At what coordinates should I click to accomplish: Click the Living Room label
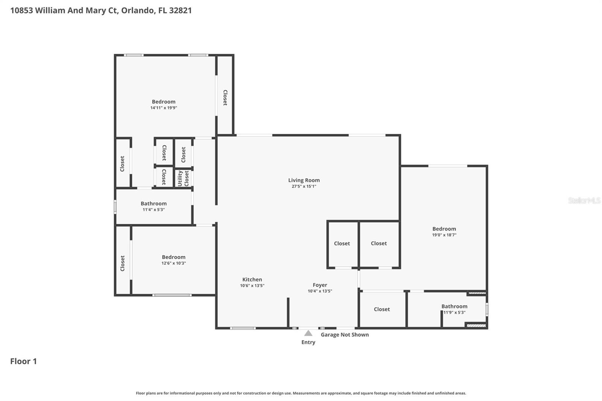coord(304,180)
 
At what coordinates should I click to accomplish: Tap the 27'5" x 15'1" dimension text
coord(304,186)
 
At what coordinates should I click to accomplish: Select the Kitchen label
coord(252,279)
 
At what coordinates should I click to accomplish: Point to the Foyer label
coord(320,285)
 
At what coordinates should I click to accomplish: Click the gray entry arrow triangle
coord(308,333)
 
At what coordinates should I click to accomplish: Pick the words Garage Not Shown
coord(345,335)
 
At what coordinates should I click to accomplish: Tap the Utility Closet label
coord(183,178)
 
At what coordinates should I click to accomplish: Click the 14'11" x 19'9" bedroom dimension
coord(164,108)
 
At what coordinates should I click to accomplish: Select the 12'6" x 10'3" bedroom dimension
coord(173,263)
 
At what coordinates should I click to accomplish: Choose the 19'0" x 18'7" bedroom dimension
coord(444,235)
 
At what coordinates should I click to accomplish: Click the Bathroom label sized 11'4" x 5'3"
coord(154,204)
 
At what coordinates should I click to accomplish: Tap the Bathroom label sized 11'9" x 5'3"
coord(454,307)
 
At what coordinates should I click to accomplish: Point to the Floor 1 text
coord(23,361)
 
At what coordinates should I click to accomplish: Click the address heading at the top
coord(101,11)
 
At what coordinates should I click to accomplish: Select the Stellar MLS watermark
coord(584,200)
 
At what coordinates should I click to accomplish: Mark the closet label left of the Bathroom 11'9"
coord(382,309)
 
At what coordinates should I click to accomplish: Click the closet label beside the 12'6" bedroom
coord(122,263)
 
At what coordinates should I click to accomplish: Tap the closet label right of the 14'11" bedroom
coord(225,97)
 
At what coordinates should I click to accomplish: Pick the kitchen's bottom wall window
coord(243,328)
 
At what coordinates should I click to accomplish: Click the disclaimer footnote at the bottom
coord(301,393)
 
